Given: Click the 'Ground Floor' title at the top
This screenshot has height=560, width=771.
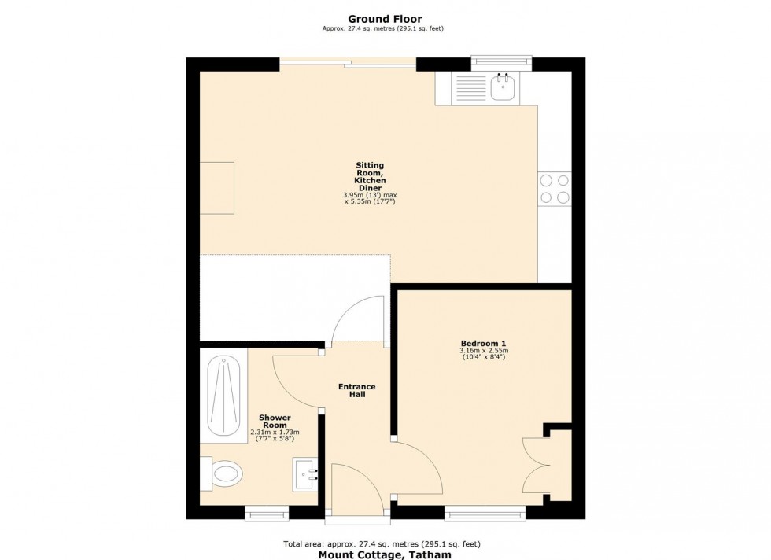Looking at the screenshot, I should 385,19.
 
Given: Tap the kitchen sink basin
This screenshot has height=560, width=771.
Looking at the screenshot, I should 502,88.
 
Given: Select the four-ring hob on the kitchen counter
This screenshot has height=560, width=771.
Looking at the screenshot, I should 554,189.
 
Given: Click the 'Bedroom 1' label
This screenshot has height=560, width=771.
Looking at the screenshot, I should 483,343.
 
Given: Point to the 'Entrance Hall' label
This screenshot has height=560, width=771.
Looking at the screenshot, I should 356,390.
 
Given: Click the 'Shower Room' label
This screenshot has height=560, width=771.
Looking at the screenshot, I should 275,422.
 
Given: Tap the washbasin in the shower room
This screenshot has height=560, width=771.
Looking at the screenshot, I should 305,474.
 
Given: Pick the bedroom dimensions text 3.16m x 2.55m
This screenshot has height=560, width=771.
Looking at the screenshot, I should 483,351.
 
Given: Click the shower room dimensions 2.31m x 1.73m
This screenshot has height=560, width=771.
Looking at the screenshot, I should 275,433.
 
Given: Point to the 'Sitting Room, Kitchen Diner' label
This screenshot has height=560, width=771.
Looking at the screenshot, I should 369,177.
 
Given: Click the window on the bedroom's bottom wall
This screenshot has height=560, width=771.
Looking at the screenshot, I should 485,514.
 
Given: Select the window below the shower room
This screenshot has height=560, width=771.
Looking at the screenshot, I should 267,514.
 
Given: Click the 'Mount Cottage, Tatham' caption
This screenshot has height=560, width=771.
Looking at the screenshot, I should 385,554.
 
